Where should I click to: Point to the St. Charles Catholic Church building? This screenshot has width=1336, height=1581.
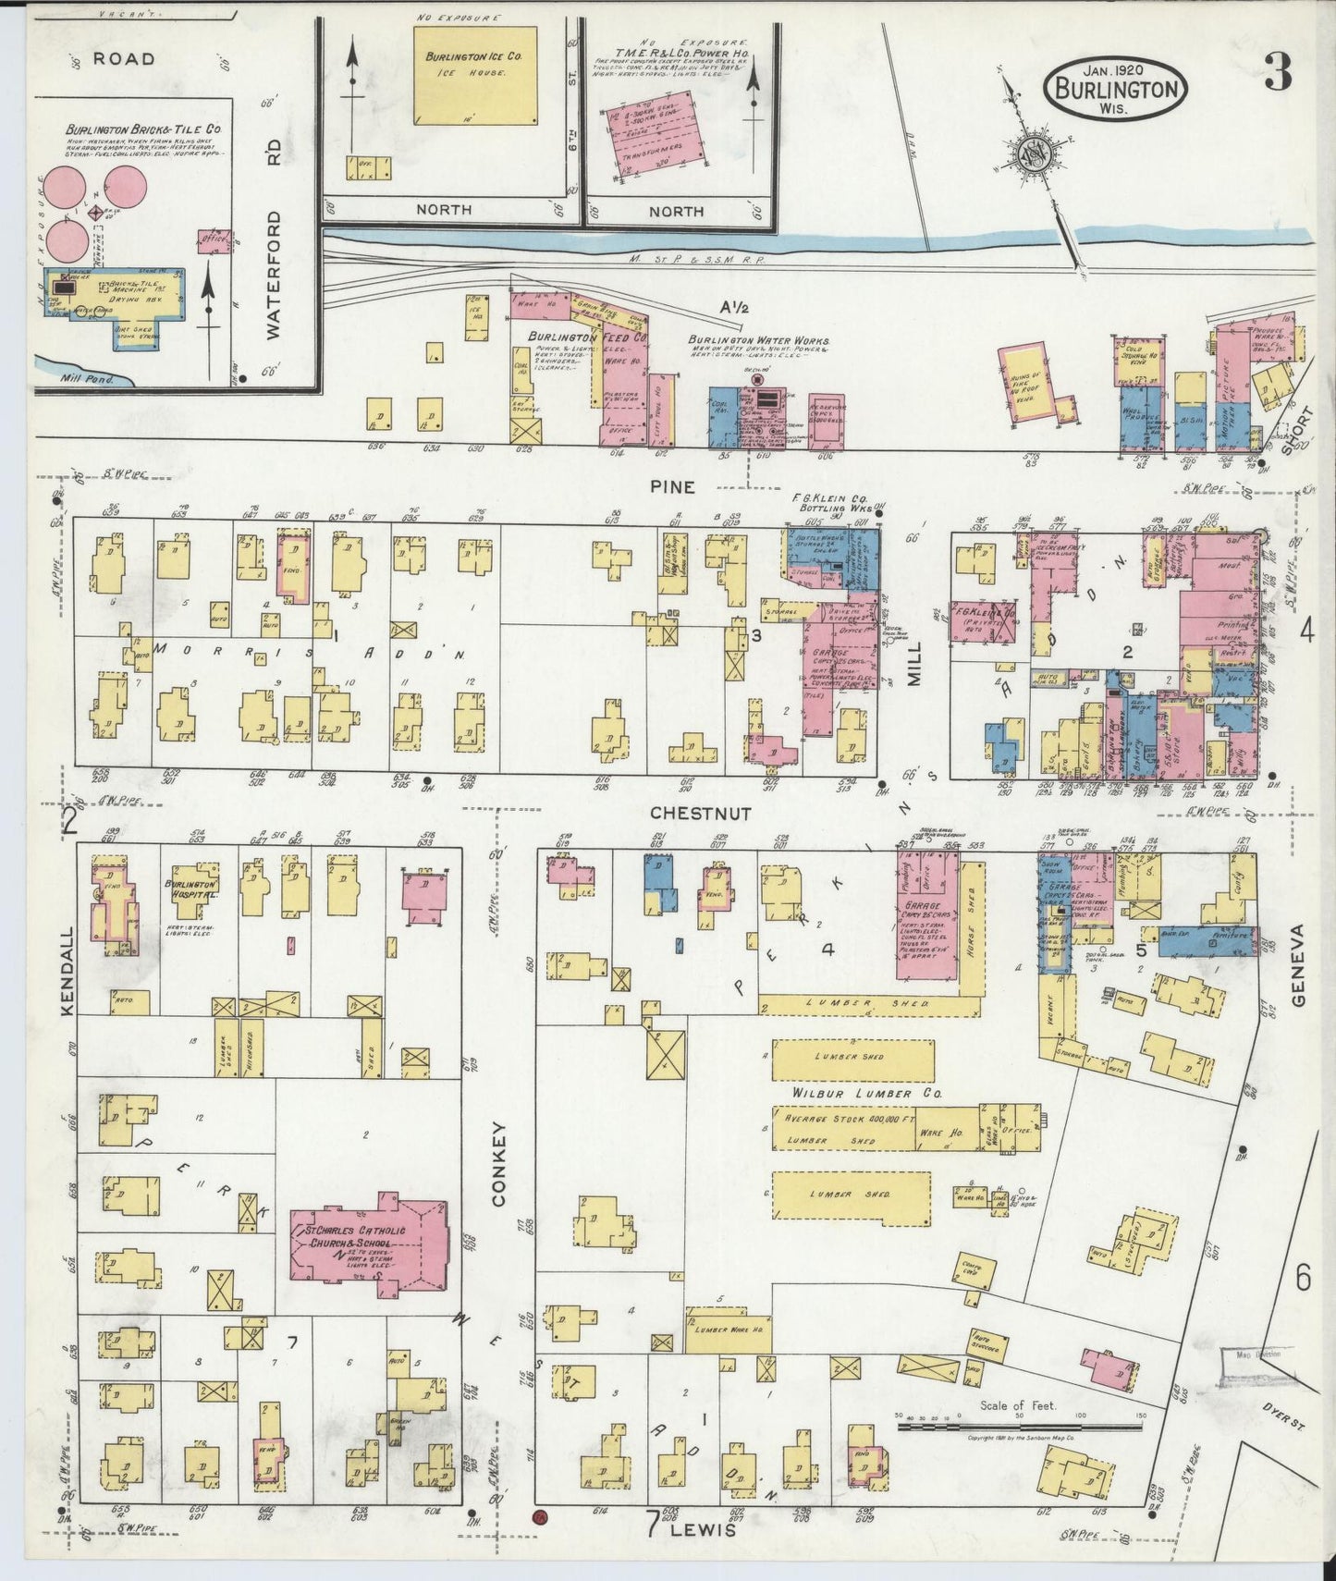(370, 1245)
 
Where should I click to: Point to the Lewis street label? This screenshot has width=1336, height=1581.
(710, 1530)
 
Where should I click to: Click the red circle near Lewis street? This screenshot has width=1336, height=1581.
(540, 1517)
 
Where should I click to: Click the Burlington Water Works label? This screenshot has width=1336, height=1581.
(758, 339)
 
